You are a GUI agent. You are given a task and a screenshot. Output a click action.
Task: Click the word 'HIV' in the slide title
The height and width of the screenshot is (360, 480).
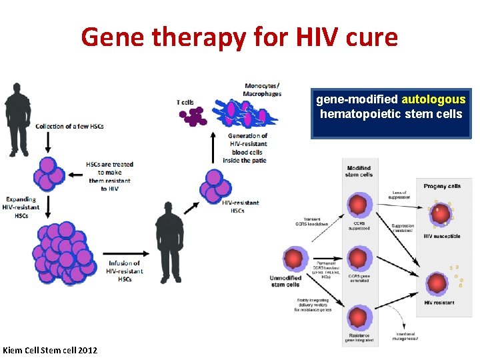tap(310, 37)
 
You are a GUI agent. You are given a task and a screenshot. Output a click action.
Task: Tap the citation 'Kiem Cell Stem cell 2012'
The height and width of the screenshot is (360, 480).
tap(50, 350)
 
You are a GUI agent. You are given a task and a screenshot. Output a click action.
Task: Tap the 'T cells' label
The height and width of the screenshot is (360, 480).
tap(185, 102)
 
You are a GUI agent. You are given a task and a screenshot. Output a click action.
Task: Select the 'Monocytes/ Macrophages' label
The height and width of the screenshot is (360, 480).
tap(263, 89)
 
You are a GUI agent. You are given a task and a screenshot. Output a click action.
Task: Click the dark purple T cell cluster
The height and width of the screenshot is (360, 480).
tap(193, 117)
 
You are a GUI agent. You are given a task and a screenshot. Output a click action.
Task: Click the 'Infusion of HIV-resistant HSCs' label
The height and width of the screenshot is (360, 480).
tap(125, 271)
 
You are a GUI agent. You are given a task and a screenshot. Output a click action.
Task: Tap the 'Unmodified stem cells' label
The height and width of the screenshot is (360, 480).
tap(285, 281)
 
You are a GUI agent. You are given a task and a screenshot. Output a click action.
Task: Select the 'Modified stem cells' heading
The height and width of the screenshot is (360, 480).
tap(359, 171)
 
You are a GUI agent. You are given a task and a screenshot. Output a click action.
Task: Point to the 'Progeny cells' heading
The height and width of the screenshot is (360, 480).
tap(441, 186)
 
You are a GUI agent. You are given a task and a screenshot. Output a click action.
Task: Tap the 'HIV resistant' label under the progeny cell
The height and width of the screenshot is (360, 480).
tap(439, 303)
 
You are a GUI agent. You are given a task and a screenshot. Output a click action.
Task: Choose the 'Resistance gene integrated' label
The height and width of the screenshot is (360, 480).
tap(359, 337)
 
